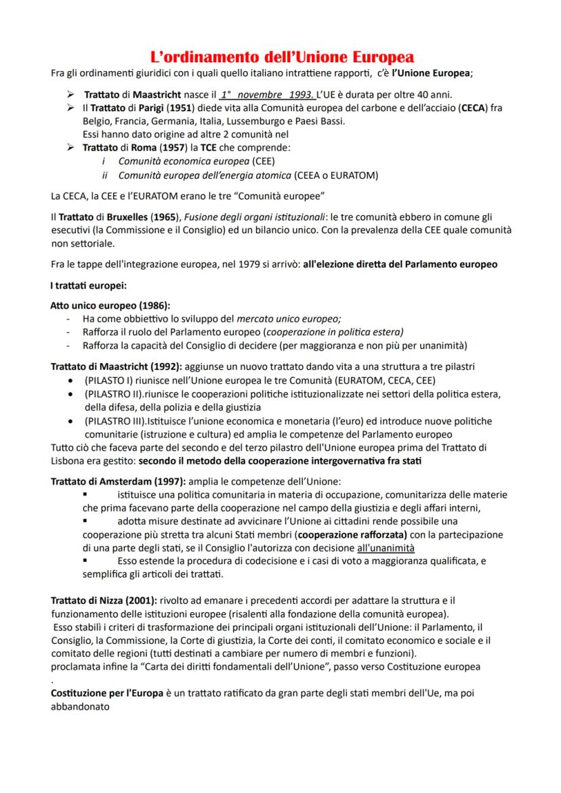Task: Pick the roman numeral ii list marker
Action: pyautogui.click(x=105, y=175)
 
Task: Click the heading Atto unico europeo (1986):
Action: pyautogui.click(x=110, y=305)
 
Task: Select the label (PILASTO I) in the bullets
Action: pyautogui.click(x=108, y=380)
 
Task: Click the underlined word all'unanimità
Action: pyautogui.click(x=386, y=547)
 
